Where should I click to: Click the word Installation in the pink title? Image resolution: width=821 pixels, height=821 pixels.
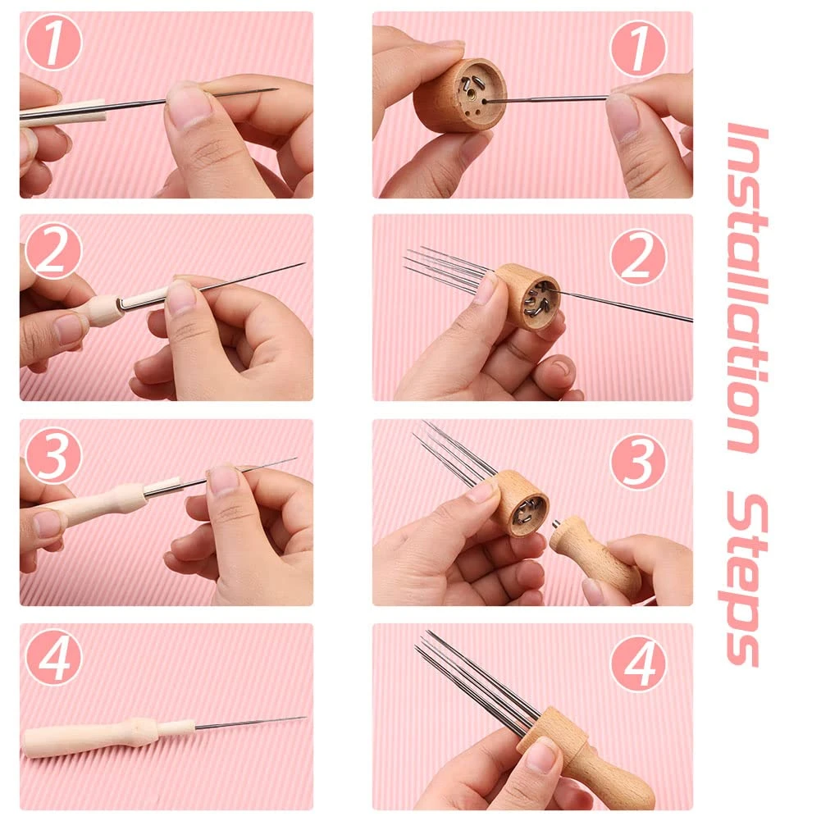point(747,287)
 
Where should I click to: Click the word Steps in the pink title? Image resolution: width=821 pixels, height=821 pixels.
point(747,579)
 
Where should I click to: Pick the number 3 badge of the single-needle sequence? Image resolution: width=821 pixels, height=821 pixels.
point(53,455)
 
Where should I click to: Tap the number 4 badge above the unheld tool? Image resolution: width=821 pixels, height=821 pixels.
point(53,657)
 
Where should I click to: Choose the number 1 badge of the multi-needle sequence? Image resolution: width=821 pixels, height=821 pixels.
point(638,48)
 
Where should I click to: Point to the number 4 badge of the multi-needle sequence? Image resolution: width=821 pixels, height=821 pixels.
point(638,663)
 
